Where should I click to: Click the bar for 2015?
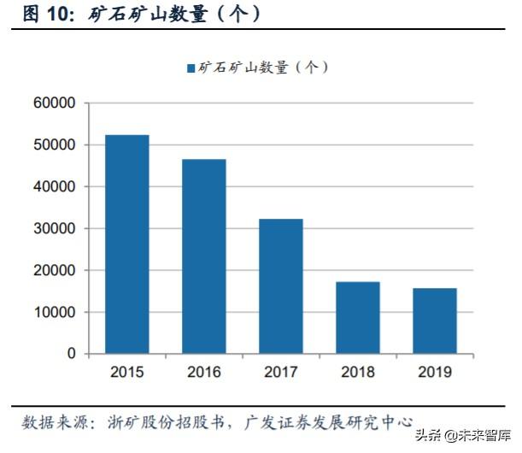coord(126,244)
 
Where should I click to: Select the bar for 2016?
coord(203,256)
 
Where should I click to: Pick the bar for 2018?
coord(357,317)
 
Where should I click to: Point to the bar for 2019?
coord(434,321)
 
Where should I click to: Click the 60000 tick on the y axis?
coord(56,103)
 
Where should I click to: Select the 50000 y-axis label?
coord(56,144)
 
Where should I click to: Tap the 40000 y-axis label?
coord(56,186)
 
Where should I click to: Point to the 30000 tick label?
coord(56,228)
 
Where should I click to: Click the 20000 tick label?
coord(56,270)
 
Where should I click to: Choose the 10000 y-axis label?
coord(56,312)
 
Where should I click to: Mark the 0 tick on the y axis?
coord(72,354)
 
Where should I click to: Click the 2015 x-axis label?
coord(126,372)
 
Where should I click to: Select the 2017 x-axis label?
coord(280,372)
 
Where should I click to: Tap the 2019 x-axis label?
coord(434,372)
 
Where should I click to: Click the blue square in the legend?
coord(191,68)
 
